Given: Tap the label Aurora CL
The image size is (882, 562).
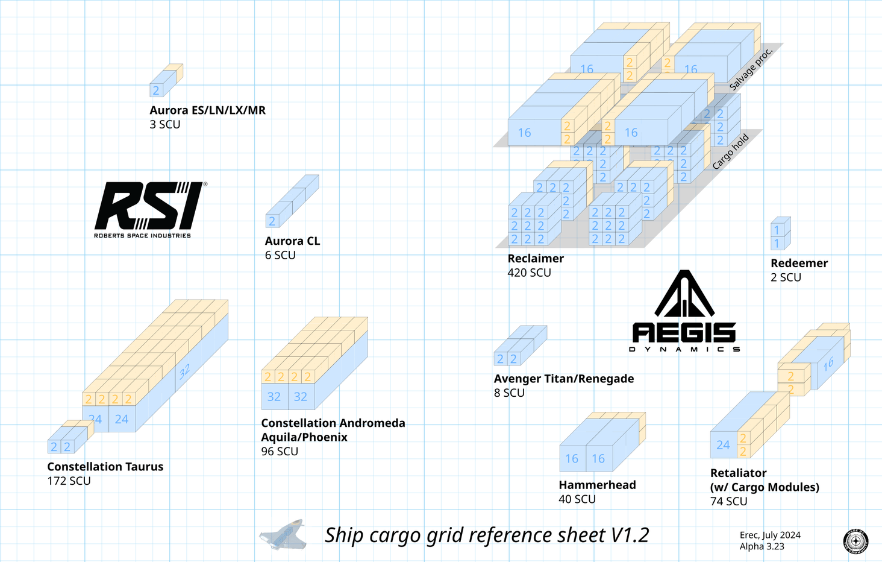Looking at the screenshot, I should [292, 241].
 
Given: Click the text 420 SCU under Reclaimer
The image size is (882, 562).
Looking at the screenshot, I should [529, 273].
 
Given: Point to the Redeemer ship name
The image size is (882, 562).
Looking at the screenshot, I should [799, 264].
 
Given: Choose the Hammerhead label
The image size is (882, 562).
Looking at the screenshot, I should [597, 485].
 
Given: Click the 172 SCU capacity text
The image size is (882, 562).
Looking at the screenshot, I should [69, 481].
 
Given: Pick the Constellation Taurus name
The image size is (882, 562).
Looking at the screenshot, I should [105, 467].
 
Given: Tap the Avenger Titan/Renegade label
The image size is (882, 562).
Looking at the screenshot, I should [563, 379].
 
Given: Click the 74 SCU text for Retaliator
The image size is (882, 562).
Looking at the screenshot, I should [728, 502].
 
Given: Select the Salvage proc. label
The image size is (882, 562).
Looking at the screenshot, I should [751, 69].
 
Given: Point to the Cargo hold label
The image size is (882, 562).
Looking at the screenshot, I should [730, 151].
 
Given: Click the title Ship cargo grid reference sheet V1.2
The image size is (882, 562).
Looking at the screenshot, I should [487, 535].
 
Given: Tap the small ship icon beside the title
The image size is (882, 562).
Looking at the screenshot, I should [283, 535].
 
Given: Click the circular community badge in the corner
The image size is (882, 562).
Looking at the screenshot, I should [855, 541].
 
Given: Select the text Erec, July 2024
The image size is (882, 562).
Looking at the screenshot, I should [770, 535].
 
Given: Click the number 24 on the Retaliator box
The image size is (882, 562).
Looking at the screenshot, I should [723, 445].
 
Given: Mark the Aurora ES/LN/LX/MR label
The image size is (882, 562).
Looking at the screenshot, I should [207, 110].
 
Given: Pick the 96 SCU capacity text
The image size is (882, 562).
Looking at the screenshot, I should [280, 452].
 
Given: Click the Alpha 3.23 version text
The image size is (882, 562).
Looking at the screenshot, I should [762, 547].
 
